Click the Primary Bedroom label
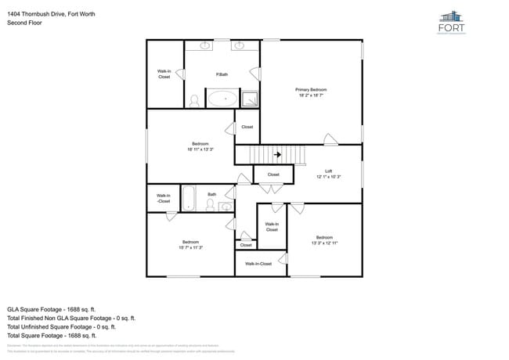tap(311, 90)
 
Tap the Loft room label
tap(329, 171)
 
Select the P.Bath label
tap(222, 74)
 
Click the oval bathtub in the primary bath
tap(223, 99)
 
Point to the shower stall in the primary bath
tap(250, 99)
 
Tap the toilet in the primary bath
tap(194, 101)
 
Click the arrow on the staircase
tap(278, 155)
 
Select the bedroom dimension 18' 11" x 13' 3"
tap(200, 149)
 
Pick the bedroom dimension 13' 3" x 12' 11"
tap(324, 243)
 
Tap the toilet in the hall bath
tap(210, 204)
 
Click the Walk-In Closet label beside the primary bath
tap(164, 74)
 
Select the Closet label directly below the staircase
tap(273, 175)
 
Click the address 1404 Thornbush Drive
tap(51, 13)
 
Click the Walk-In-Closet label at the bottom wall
tap(258, 264)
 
